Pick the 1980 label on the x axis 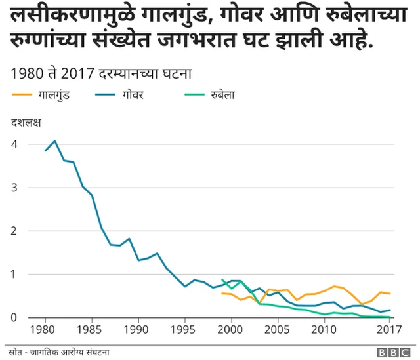(45, 330)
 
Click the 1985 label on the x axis (93, 330)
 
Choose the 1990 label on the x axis (139, 330)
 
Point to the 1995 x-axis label (186, 330)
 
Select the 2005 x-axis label (280, 330)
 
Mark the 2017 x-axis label (390, 330)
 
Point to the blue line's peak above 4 (55, 140)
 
